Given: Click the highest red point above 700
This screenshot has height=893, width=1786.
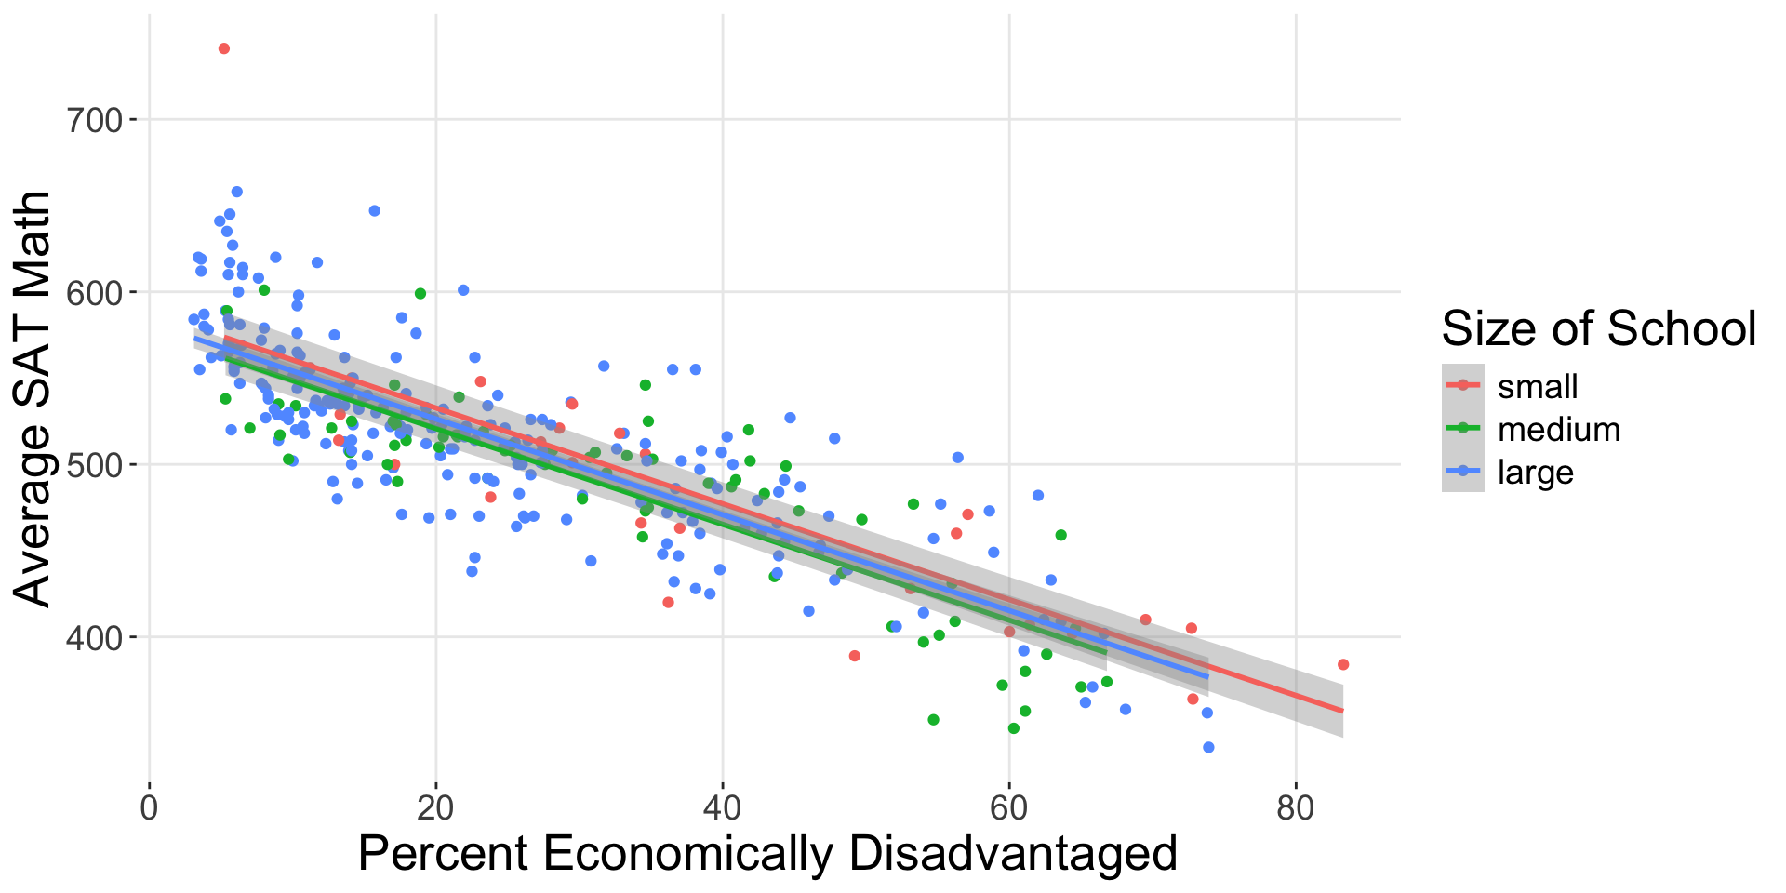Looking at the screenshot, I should tap(223, 48).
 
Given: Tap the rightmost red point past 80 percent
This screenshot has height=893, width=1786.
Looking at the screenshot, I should tap(1343, 664).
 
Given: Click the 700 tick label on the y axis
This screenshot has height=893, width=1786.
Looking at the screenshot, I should tap(97, 120).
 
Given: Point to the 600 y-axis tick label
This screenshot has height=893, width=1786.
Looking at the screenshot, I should tap(97, 292).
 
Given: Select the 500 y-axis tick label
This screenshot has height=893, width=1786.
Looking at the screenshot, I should tap(97, 464).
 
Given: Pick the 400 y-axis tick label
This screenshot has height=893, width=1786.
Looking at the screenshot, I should tap(97, 637).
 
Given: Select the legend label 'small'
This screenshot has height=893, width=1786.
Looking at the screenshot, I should tap(1537, 386).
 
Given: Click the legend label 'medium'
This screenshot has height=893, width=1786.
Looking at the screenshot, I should tap(1558, 429).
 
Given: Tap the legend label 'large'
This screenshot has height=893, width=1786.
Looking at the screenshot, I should tap(1535, 473).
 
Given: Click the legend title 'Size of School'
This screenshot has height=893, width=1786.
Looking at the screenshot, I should tap(1598, 328).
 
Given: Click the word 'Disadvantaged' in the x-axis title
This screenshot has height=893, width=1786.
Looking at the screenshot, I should tap(1013, 853).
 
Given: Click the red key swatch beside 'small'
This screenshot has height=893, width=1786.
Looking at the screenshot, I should tap(1463, 385).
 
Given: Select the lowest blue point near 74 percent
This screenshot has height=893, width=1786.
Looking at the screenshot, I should tap(1208, 747).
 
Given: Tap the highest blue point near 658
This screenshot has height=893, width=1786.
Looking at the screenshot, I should tap(236, 192).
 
